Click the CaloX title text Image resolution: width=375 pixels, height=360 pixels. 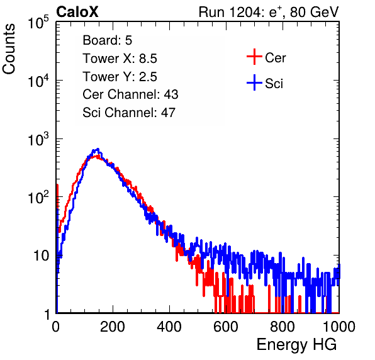pyautogui.click(x=77, y=12)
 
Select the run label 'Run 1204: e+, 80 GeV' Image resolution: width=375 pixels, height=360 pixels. pyautogui.click(x=269, y=12)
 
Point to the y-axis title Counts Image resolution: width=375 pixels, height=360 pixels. pyautogui.click(x=9, y=49)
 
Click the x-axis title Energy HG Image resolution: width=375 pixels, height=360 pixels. pyautogui.click(x=296, y=344)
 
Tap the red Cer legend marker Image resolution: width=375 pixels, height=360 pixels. pyautogui.click(x=254, y=57)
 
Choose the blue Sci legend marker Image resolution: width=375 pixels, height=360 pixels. pyautogui.click(x=254, y=83)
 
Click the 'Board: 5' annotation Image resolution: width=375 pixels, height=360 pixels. pyautogui.click(x=108, y=40)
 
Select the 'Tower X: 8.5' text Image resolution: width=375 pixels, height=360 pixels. pyautogui.click(x=120, y=59)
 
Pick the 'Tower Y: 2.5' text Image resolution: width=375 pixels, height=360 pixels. pyautogui.click(x=120, y=77)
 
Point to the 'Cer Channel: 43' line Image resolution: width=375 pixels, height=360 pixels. pyautogui.click(x=130, y=94)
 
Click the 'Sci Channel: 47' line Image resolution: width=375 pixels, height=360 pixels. pyautogui.click(x=129, y=113)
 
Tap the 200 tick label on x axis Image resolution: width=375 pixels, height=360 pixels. pyautogui.click(x=113, y=327)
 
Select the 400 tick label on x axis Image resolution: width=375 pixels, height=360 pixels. pyautogui.click(x=169, y=327)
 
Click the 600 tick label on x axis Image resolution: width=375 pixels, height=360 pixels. pyautogui.click(x=226, y=327)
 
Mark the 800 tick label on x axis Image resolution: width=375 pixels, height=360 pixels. pyautogui.click(x=283, y=327)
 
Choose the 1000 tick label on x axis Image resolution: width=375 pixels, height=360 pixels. pyautogui.click(x=339, y=327)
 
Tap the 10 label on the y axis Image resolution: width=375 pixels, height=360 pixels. pyautogui.click(x=42, y=256)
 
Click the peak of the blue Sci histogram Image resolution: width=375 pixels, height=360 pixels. pyautogui.click(x=98, y=149)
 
